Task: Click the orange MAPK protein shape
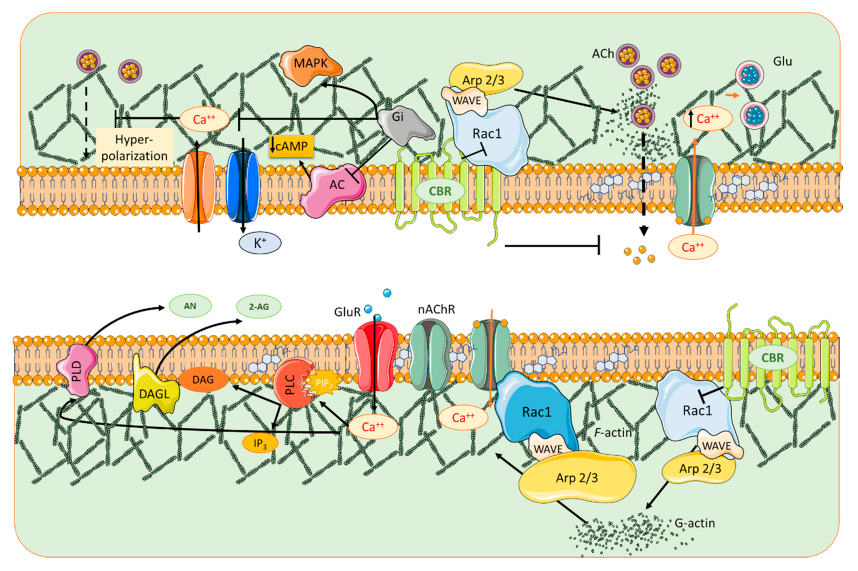pos(310,65)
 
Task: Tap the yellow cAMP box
pos(291,146)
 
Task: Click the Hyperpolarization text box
pos(135,148)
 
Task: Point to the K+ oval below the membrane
pos(260,243)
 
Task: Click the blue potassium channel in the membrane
pos(242,186)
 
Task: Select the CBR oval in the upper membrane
pos(440,191)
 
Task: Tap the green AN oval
pos(190,306)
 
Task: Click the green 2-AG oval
pos(259,307)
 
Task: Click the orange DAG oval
pos(203,380)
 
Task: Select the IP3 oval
pos(260,443)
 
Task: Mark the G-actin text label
pos(694,523)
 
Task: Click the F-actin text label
pos(612,432)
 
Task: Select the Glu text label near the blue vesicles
pos(782,61)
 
